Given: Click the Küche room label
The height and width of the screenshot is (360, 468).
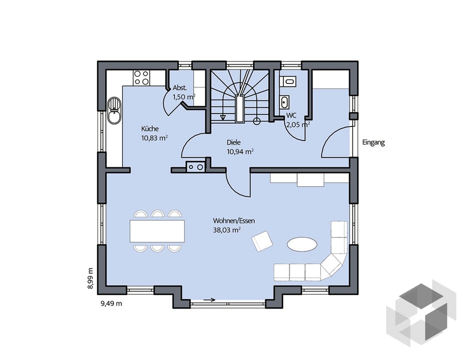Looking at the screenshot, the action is (150, 129).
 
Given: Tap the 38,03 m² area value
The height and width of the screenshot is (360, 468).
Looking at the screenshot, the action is (227, 230).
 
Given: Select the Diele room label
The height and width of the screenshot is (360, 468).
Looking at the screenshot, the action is (233, 142).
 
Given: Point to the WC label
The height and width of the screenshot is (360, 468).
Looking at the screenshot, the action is (291, 115).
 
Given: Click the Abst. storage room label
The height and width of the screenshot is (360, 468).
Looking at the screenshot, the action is (180, 88).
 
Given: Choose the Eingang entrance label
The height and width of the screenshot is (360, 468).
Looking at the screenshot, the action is (374, 142).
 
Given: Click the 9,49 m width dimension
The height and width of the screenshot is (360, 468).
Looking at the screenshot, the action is (111, 303).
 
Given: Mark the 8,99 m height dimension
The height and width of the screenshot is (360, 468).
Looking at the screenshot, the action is (90, 278).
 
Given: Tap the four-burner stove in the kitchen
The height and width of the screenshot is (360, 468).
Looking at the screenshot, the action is (141, 77).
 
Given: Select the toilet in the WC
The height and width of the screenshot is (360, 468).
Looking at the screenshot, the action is (288, 80).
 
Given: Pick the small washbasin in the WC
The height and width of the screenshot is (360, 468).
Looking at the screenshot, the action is (284, 102).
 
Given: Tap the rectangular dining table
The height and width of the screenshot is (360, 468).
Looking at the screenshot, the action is (157, 231).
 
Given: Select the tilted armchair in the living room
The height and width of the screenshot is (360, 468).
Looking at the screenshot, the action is (262, 241).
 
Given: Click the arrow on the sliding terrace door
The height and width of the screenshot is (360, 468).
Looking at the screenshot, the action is (209, 299).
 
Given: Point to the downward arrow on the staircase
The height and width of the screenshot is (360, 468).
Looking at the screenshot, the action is (223, 117).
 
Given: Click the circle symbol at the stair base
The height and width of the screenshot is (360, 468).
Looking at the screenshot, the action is (256, 121).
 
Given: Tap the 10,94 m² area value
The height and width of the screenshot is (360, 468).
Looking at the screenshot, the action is (240, 152).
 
